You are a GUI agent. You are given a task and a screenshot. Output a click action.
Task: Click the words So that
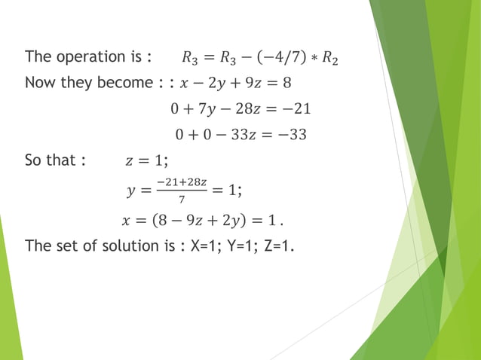(51, 160)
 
